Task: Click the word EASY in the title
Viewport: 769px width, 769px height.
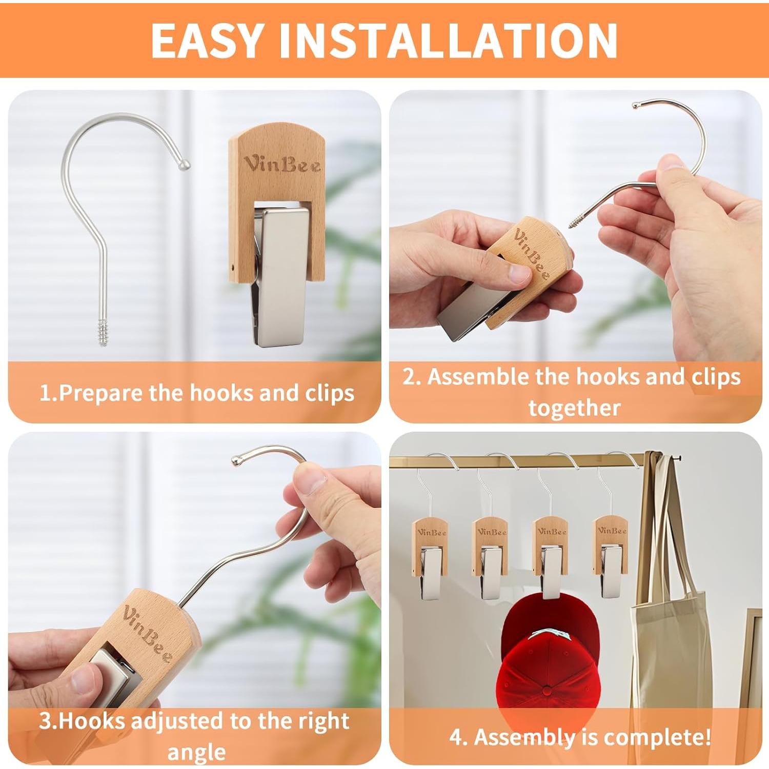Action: click(207, 41)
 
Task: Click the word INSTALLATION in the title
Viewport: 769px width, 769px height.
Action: click(449, 41)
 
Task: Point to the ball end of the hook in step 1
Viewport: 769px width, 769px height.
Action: click(185, 165)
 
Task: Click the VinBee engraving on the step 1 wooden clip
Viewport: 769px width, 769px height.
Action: click(282, 164)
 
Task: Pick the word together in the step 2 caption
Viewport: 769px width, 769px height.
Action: click(574, 408)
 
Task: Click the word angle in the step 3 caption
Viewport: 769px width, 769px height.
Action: click(196, 753)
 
